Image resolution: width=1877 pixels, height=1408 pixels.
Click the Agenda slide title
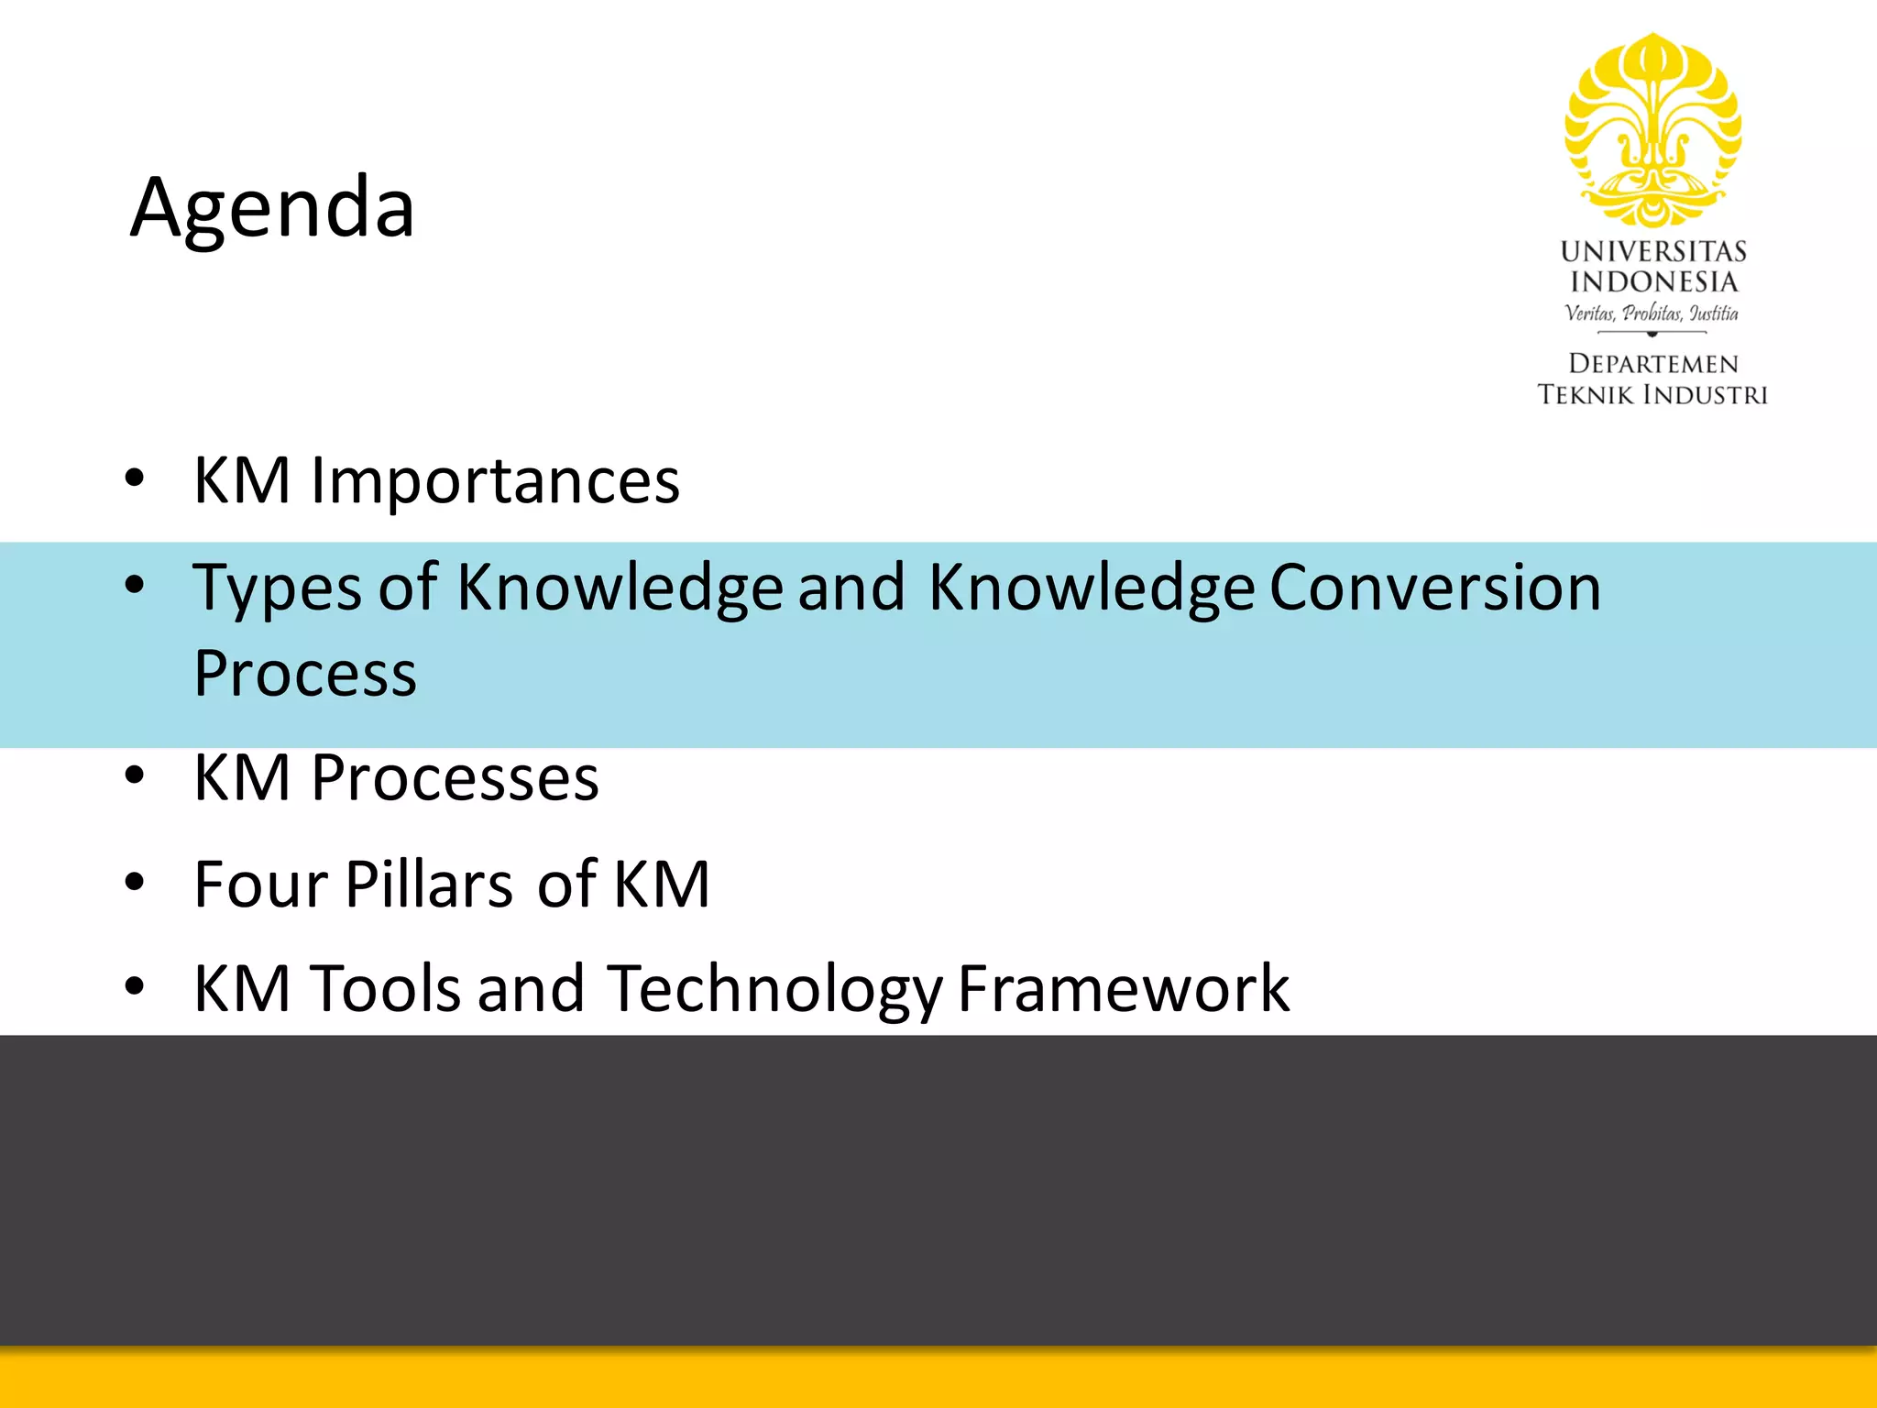(272, 208)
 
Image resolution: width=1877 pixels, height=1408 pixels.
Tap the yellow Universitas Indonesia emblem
(1652, 130)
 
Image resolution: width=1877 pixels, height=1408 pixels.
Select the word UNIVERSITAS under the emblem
(1652, 251)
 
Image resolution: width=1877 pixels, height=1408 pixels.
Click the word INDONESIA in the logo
(1652, 282)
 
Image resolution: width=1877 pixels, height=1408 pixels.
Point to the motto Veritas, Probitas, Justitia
(1652, 313)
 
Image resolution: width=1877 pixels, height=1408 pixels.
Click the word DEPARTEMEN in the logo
(1652, 364)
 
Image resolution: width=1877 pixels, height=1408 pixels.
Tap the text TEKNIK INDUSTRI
(1652, 395)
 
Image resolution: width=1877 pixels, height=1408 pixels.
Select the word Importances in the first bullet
(495, 480)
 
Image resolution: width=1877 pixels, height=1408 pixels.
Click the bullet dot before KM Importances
(136, 478)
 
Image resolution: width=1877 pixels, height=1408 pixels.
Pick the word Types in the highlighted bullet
(277, 588)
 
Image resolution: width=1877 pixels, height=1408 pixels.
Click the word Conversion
(1435, 587)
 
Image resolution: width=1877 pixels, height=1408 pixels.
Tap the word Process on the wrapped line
(305, 674)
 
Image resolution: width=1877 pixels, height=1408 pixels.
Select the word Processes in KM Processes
(455, 778)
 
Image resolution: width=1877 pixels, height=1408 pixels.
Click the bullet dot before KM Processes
(136, 776)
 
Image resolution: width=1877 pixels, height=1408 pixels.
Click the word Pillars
(429, 885)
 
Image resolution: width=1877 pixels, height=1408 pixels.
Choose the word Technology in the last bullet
(774, 990)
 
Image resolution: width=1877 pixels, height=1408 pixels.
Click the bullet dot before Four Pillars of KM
(136, 883)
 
